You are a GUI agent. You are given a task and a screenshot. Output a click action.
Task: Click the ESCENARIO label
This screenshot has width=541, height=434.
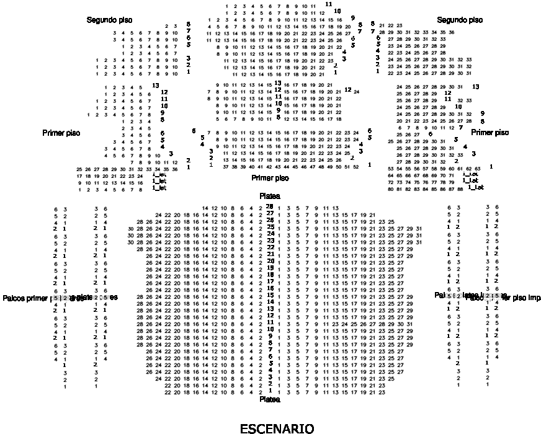click(277, 428)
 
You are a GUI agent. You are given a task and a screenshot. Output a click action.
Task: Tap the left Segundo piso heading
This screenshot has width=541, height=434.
click(109, 20)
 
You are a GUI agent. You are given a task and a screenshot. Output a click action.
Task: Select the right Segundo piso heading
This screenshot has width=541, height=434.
click(460, 20)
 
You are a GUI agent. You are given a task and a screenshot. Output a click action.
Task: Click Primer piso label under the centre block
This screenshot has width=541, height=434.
click(270, 178)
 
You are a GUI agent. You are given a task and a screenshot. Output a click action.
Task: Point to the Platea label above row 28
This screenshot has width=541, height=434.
click(270, 196)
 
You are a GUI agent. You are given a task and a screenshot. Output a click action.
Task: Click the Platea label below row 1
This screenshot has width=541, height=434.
click(270, 400)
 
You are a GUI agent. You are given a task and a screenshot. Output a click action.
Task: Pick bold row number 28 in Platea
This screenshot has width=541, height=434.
click(270, 206)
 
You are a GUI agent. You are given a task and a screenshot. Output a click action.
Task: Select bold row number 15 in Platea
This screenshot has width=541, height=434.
click(270, 295)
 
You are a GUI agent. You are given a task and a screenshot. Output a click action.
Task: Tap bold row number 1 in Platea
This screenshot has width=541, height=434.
click(270, 391)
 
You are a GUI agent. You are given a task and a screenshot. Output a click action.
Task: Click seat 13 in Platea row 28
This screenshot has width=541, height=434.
click(335, 208)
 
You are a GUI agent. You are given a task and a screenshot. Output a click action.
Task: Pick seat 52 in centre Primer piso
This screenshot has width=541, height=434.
click(355, 167)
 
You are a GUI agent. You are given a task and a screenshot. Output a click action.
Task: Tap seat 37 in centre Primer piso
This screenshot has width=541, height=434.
click(217, 167)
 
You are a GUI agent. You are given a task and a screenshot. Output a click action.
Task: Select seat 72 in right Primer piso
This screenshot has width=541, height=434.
click(390, 183)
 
